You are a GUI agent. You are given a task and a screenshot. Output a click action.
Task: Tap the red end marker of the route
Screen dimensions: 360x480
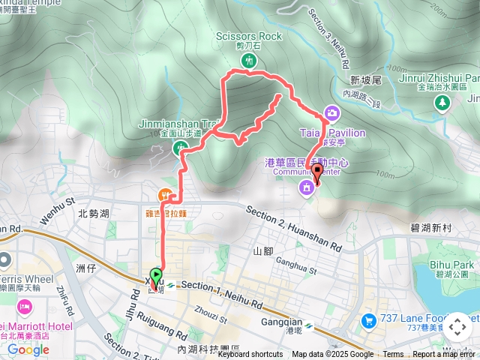[x=316, y=172]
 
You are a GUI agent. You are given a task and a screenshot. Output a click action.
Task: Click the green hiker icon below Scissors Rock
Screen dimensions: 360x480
[x=250, y=59]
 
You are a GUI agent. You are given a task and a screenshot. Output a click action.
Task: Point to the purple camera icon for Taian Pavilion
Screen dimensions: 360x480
[x=331, y=113]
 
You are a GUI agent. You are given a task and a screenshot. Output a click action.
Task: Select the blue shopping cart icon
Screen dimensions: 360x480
[x=368, y=321]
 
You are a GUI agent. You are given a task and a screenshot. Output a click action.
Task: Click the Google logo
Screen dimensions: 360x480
[x=28, y=349]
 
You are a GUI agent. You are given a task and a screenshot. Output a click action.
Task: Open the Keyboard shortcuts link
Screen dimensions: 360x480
[x=250, y=355]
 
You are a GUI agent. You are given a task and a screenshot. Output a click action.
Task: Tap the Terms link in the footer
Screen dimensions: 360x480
[x=393, y=355]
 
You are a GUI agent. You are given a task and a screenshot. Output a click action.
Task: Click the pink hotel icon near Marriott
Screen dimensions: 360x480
[x=24, y=307]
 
